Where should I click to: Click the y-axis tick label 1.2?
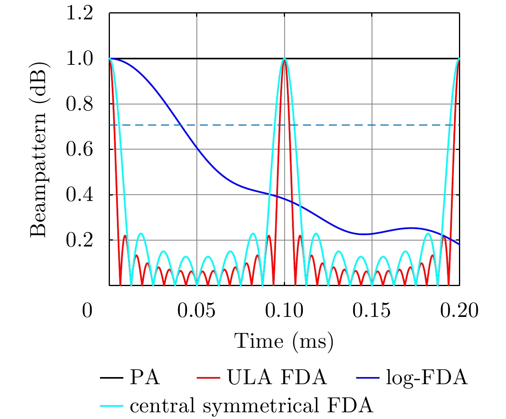pos(79,14)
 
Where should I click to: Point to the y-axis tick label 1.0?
pos(79,59)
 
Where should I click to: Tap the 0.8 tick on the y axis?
pos(79,105)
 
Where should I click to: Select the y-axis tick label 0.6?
pos(79,150)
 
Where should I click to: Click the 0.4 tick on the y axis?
pos(79,195)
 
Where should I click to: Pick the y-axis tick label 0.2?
pos(79,241)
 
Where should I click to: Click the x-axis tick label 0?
pos(87,311)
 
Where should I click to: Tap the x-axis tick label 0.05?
pos(196,311)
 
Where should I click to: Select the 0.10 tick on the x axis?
pos(284,311)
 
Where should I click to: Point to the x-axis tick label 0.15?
pos(372,311)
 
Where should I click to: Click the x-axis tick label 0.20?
pos(459,311)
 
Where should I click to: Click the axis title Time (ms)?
pos(284,341)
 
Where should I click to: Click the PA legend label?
pos(145,378)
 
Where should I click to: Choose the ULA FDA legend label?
pos(277,378)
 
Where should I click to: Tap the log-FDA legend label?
pos(427,378)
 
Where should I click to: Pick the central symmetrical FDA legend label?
pos(251,406)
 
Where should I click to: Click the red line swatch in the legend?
pos(208,378)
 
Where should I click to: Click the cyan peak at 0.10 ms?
pos(284,59)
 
